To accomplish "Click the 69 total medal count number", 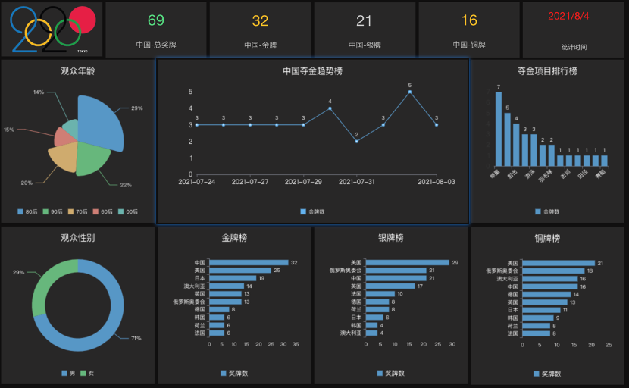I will (155, 20).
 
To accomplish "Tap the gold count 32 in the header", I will (260, 20).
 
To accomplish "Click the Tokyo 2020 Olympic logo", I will (52, 30).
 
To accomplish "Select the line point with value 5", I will (410, 92).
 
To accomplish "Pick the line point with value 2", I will (356, 141).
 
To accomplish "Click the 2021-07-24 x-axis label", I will (196, 182).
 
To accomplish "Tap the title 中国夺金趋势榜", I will (312, 71).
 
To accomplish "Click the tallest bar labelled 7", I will (498, 130).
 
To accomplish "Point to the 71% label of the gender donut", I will (136, 338).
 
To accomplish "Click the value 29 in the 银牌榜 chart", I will (455, 263).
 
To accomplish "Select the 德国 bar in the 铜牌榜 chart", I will (546, 294).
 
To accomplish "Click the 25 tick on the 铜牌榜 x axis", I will (609, 344).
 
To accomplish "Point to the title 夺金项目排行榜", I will (547, 71).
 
